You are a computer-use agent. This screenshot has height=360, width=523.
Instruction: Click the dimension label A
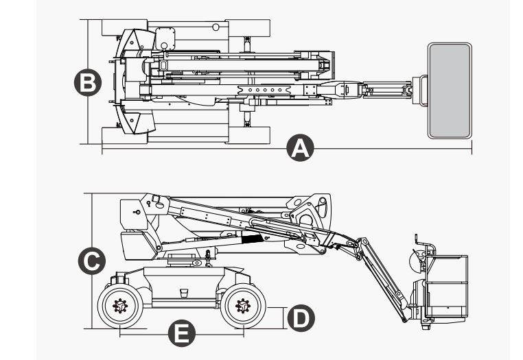click(300, 148)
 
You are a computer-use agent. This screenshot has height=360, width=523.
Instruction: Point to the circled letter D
click(299, 317)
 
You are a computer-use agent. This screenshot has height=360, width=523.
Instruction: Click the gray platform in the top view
click(450, 90)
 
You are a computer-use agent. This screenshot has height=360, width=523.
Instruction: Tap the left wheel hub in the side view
click(120, 307)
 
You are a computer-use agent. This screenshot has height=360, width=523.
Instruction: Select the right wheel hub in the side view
click(242, 307)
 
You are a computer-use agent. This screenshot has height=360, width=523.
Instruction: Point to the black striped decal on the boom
click(252, 239)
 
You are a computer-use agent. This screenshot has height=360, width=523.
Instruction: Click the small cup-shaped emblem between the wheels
click(183, 293)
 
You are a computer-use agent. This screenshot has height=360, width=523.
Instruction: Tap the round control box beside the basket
click(414, 260)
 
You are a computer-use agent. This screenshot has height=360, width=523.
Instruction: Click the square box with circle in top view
click(165, 37)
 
